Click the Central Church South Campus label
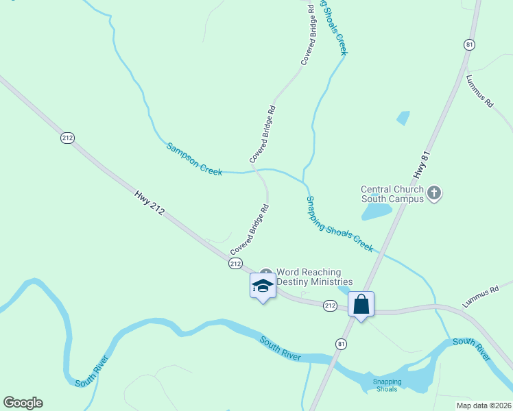tap(393, 195)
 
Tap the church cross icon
tap(433, 193)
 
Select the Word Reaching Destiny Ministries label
tap(314, 277)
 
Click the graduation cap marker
tap(263, 286)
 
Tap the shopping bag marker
tap(361, 303)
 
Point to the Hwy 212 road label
tap(150, 204)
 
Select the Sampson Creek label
tap(194, 159)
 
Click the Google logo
tap(23, 403)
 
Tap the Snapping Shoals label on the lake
tap(387, 385)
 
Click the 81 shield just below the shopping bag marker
tap(341, 342)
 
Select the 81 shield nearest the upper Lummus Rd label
tap(469, 45)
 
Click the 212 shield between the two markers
tap(330, 305)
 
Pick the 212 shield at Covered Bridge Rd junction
tap(235, 263)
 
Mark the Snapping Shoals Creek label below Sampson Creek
tap(339, 223)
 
